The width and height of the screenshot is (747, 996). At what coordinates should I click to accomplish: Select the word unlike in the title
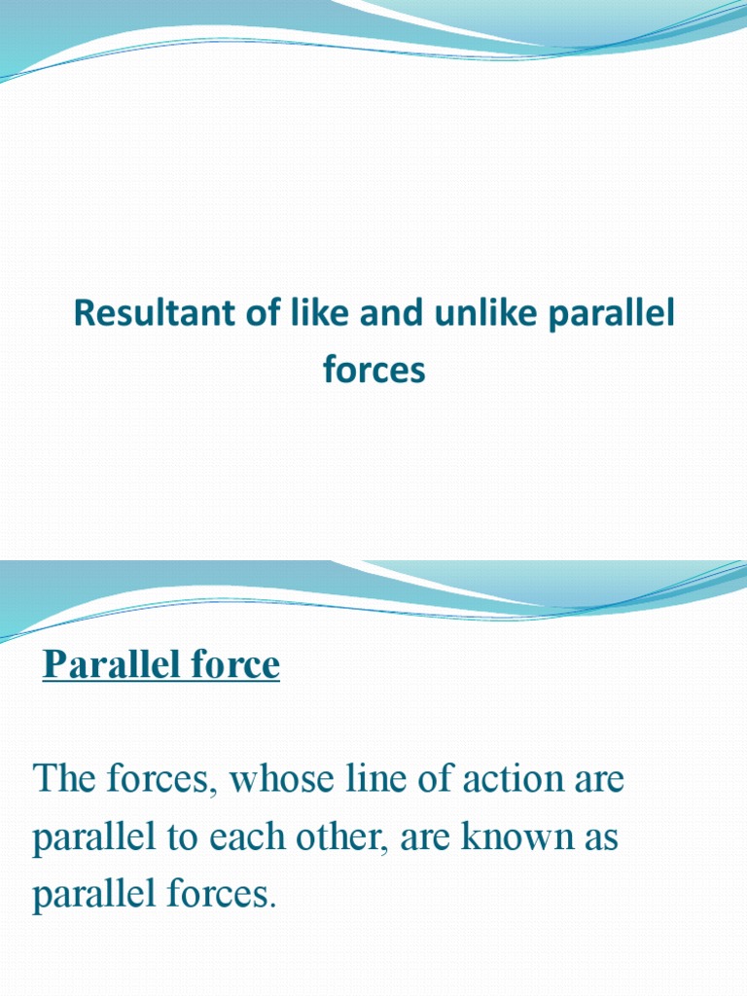coord(469,315)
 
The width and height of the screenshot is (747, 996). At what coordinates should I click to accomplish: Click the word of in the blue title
coord(278,315)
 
